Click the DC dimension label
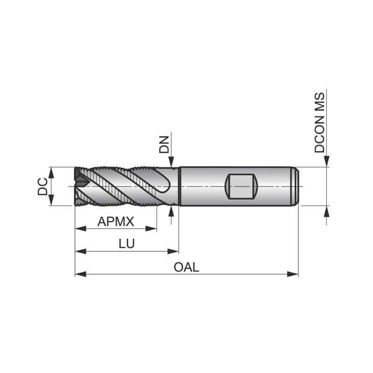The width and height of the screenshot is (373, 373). [42, 186]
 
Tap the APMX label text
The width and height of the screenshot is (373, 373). [116, 221]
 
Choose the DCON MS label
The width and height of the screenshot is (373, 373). [320, 123]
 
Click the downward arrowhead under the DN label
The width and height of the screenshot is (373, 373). [173, 163]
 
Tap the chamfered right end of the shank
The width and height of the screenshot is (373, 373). [296, 186]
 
